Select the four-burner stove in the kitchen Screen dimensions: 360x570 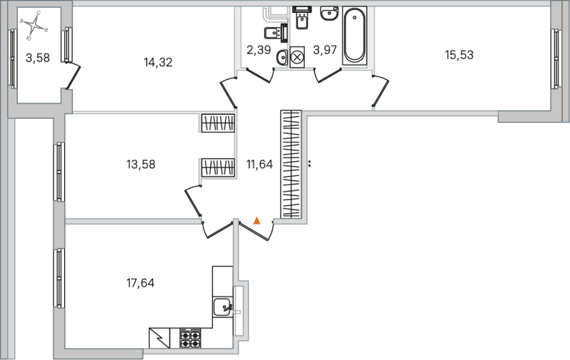[191, 337]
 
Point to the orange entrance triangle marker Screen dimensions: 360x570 [257, 221]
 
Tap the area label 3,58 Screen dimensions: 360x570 [38, 58]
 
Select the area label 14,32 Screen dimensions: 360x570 [158, 62]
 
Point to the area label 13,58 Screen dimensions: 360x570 [140, 164]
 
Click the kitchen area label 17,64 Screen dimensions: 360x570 [140, 283]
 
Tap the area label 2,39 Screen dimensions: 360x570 [259, 49]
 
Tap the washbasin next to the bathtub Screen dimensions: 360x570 [329, 14]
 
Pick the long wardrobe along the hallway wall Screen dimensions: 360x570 [291, 163]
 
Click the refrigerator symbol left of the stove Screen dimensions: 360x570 [160, 337]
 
